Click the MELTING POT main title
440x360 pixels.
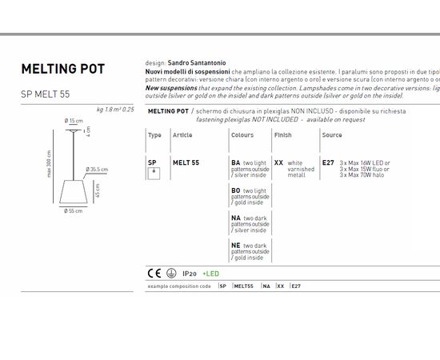(x=62, y=69)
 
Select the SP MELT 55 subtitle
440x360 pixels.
(x=45, y=94)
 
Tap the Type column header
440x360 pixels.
(x=154, y=135)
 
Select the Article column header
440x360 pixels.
(x=182, y=135)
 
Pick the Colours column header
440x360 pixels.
(x=242, y=135)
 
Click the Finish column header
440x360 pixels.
(x=283, y=135)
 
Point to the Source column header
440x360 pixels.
(x=332, y=135)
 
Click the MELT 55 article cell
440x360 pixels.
(x=186, y=162)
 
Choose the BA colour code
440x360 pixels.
(x=236, y=162)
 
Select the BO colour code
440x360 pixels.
(x=236, y=190)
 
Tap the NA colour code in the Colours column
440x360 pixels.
(x=236, y=218)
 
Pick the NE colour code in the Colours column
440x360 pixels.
(x=236, y=245)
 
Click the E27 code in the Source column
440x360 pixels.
(x=328, y=162)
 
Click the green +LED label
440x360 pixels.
(x=210, y=274)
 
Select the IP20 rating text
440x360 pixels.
(x=190, y=274)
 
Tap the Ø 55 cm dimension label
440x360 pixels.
(x=74, y=211)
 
